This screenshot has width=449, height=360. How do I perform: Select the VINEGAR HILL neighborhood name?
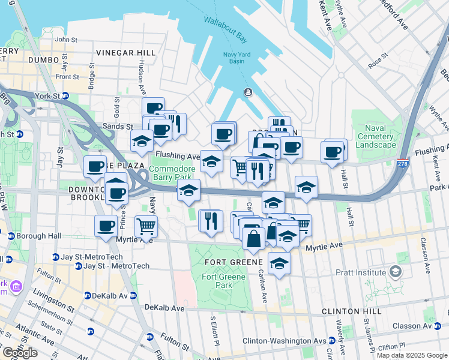point(125,53)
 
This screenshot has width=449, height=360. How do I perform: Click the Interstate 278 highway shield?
point(403,163)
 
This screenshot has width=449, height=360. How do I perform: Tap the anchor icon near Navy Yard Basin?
point(247,92)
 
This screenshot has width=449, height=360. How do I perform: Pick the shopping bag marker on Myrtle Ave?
point(254,238)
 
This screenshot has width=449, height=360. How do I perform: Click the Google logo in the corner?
point(19,353)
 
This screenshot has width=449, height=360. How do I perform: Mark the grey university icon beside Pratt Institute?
point(396,272)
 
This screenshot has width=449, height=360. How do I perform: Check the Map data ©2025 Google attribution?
point(411,355)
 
